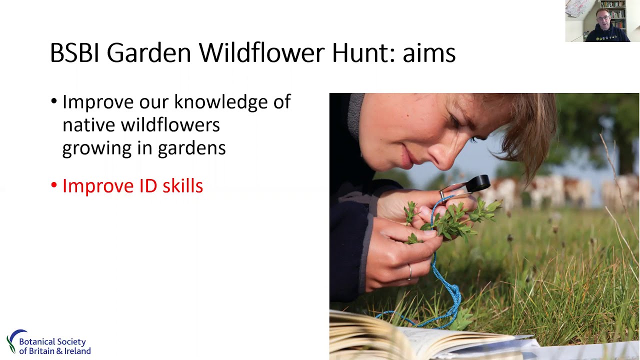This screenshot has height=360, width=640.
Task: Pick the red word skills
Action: tap(182, 186)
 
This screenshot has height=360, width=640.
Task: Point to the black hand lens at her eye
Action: tap(478, 182)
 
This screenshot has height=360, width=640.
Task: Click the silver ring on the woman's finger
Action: tap(410, 271)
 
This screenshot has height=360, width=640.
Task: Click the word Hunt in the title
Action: tap(356, 53)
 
